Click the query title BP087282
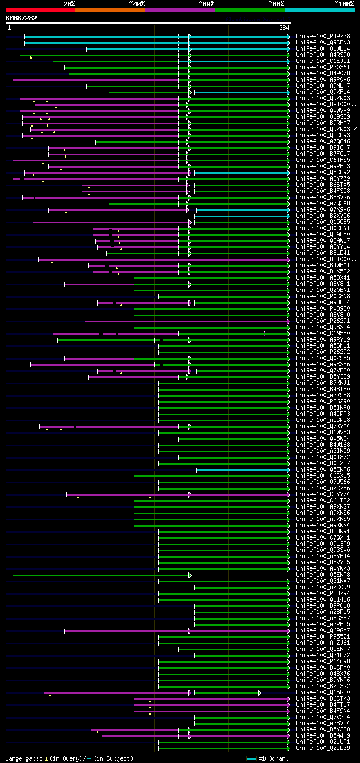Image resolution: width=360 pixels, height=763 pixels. coord(21,18)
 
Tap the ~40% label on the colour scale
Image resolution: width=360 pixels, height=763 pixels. coord(137,3)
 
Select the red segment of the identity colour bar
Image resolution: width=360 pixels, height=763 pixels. coord(40,10)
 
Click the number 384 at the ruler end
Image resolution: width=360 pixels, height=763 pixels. coord(284,28)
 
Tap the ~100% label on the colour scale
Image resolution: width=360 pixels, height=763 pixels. coord(344,3)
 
